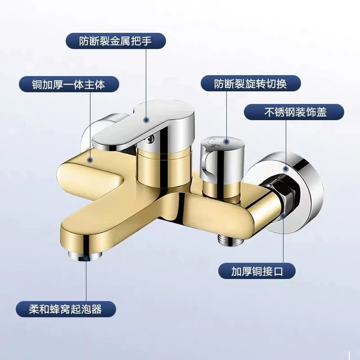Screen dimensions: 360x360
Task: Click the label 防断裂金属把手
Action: [116, 41]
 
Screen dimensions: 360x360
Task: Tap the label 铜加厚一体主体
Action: [69, 84]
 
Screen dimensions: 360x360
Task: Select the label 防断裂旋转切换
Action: [251, 84]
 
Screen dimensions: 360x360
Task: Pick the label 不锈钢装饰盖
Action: [294, 112]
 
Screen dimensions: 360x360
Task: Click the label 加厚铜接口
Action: [257, 271]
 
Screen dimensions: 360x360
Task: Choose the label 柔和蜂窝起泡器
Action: [66, 309]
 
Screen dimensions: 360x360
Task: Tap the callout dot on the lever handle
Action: [146, 120]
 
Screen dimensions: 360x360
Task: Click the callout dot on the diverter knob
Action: [226, 142]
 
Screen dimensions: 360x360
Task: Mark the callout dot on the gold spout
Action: [90, 160]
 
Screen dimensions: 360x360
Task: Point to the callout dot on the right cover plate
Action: [286, 169]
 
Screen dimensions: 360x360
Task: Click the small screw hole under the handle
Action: [150, 138]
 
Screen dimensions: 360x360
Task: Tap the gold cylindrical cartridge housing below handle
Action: [164, 165]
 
